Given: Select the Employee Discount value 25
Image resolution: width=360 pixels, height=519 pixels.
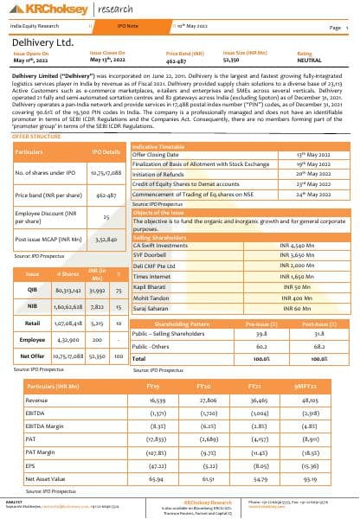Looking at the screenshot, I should pyautogui.click(x=106, y=219).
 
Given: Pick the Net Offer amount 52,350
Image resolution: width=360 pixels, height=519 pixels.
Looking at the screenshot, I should pyautogui.click(x=96, y=356).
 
